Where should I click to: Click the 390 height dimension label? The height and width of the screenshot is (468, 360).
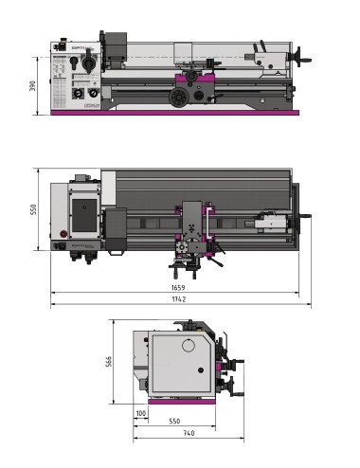[x=34, y=85]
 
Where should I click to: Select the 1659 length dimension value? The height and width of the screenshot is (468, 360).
[x=178, y=286]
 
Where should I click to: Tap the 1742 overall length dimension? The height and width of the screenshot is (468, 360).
[x=178, y=299]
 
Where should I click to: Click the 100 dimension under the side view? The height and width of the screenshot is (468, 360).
[x=141, y=414]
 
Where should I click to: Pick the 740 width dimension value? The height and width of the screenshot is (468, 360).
[x=188, y=433]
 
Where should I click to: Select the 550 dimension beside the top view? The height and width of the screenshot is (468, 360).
[x=34, y=208]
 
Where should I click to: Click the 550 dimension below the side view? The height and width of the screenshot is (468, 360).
[x=175, y=421]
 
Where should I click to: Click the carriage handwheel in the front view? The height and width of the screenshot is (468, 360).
[x=176, y=97]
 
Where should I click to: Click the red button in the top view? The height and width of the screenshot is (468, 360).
[x=65, y=234]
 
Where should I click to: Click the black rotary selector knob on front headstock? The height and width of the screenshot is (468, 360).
[x=88, y=63]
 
